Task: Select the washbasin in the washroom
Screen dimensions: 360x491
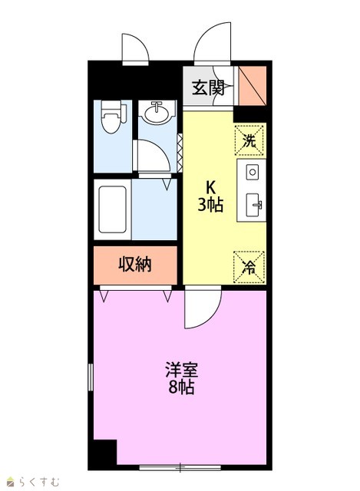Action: (157, 112)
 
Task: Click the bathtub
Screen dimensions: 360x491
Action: (113, 209)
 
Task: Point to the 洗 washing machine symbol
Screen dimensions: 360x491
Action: (249, 140)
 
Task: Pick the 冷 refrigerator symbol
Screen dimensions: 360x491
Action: (249, 267)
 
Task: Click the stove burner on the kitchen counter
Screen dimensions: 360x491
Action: (253, 172)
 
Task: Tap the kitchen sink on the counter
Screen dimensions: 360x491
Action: (253, 205)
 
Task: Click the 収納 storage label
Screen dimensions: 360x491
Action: (135, 265)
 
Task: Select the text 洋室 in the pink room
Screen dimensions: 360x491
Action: (182, 370)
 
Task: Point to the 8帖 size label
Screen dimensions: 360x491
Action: (182, 387)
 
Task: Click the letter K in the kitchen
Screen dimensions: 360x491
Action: (210, 188)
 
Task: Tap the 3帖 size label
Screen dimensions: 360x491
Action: (210, 205)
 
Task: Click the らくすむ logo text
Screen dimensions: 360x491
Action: (39, 481)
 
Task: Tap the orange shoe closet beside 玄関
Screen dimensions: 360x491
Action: (253, 85)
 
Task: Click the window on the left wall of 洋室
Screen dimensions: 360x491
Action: (91, 377)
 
